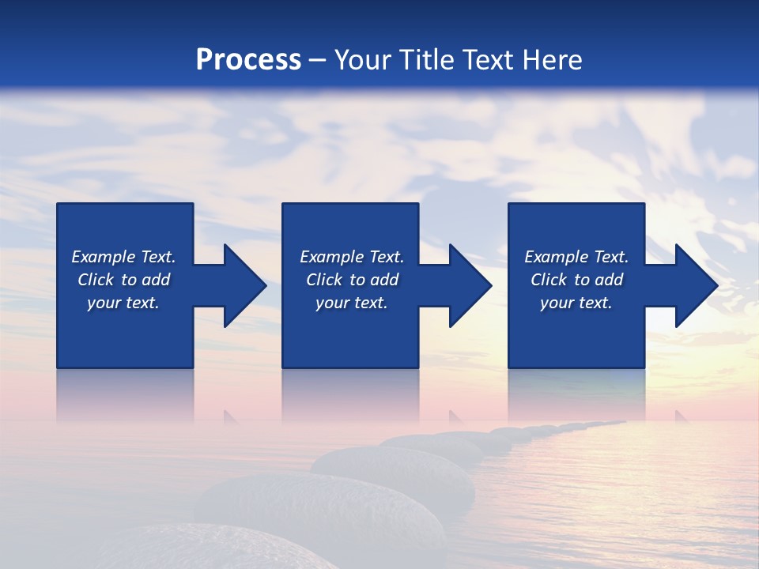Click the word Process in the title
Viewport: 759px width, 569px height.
[x=248, y=60]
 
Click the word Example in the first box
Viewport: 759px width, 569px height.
[x=104, y=257]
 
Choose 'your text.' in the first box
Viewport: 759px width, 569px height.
[x=123, y=303]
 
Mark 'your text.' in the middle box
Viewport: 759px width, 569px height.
[x=352, y=303]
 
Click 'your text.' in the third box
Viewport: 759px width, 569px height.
[x=576, y=303]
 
